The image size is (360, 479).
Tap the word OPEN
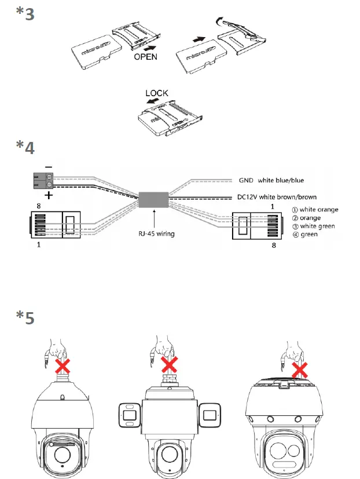click(145, 57)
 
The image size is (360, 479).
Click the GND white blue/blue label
click(276, 180)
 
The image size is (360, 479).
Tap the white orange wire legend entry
click(311, 210)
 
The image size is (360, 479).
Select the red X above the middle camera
click(169, 364)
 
